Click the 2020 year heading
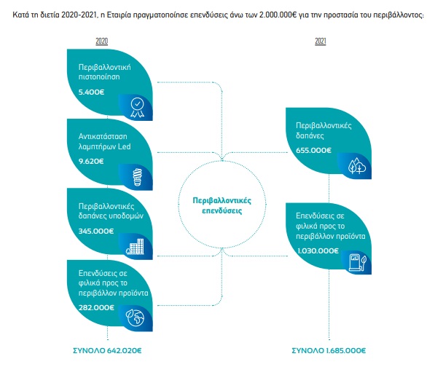coord(101,41)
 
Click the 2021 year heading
coord(321,41)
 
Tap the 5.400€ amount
coord(92,92)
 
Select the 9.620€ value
coord(91,162)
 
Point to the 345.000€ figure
coord(96,231)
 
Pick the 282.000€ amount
coord(96,308)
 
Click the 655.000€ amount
coord(314,150)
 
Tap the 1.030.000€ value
coord(318,250)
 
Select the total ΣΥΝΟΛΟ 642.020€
coord(107,350)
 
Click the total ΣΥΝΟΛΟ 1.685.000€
coord(329,350)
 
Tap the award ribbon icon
coord(137,108)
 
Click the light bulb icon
coord(138,177)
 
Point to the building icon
coord(135,246)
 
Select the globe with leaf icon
coord(135,317)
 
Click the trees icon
coord(357,165)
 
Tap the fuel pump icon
coord(358,263)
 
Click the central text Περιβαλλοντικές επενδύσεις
coord(222,205)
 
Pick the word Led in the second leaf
coord(124,146)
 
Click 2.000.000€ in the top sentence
coord(278,15)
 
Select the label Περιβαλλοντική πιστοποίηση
coord(105,72)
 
